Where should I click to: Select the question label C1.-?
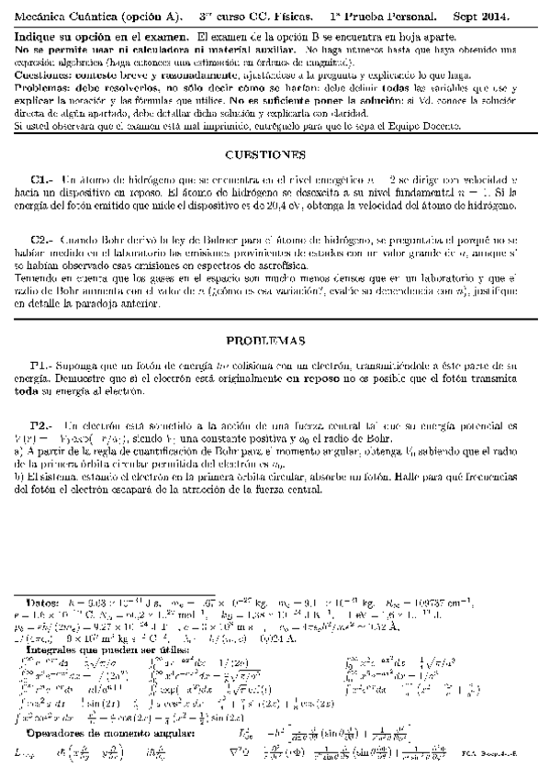[x=43, y=180]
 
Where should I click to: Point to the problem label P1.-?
[x=43, y=341]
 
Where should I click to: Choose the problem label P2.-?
[x=43, y=401]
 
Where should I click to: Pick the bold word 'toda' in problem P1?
[x=28, y=365]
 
